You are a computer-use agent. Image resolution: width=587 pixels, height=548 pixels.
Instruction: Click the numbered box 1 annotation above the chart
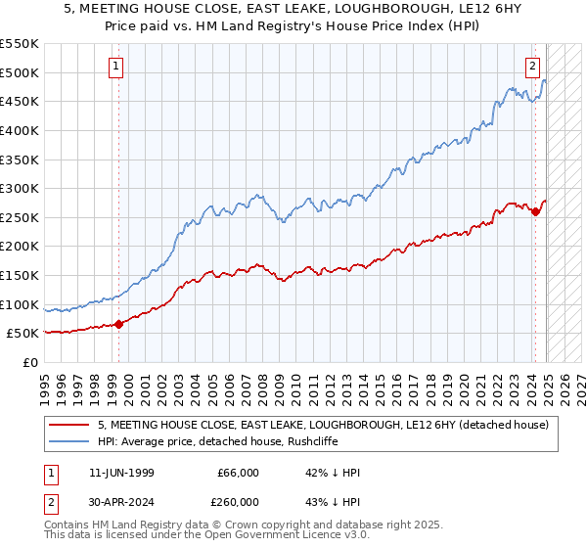[x=116, y=68]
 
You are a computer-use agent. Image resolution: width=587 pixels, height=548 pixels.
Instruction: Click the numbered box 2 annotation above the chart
[x=532, y=68]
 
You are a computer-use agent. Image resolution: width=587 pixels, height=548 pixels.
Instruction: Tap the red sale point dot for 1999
[x=118, y=324]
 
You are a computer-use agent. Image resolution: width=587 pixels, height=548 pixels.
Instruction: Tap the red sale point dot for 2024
[x=536, y=211]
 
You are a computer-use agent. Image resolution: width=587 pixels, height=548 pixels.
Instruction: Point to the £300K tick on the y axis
[x=20, y=188]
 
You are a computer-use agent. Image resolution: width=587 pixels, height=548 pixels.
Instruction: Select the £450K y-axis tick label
[x=20, y=101]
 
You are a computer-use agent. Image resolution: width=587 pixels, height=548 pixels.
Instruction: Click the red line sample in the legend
[x=68, y=425]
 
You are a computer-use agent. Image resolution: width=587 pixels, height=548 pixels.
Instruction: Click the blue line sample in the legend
[x=68, y=441]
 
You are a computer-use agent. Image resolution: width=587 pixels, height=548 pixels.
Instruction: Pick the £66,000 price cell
[x=236, y=473]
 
